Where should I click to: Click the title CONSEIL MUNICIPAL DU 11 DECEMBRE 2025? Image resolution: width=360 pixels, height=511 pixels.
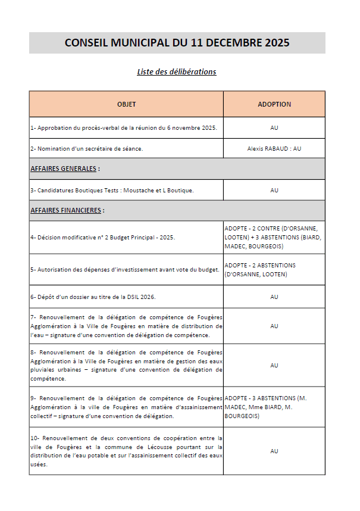(177, 43)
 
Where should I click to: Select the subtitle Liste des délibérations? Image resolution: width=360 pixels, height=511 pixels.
(177, 72)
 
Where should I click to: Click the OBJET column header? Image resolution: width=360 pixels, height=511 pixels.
(126, 104)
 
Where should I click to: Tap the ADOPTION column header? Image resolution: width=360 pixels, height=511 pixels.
(274, 104)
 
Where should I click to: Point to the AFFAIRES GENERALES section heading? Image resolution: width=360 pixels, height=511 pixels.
(65, 169)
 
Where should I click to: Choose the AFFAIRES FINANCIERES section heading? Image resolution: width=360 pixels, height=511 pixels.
(67, 210)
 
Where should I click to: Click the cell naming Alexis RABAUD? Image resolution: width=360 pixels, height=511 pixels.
(274, 148)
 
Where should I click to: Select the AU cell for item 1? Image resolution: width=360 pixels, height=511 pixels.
(274, 127)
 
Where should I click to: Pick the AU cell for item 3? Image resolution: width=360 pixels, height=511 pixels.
(274, 191)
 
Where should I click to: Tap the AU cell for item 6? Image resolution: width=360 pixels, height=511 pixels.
(274, 297)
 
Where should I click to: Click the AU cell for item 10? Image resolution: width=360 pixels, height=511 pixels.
(274, 451)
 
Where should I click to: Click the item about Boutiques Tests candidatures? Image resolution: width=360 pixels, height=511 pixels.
(112, 191)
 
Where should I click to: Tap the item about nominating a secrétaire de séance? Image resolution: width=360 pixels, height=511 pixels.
(87, 148)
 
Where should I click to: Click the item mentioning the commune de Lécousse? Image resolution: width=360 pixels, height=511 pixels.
(126, 451)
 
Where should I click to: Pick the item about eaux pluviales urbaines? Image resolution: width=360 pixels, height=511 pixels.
(126, 365)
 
